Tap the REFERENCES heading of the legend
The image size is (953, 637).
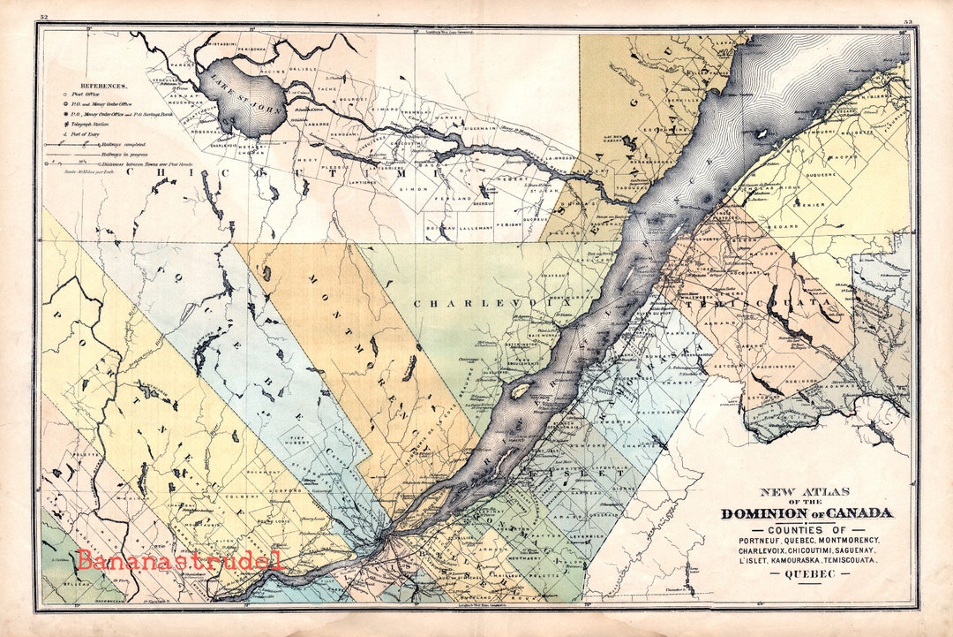tap(102, 86)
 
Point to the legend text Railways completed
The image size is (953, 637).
tap(103, 144)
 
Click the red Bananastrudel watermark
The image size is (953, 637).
tap(179, 559)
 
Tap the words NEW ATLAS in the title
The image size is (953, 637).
tap(806, 492)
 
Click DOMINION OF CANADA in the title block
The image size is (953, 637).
tap(807, 513)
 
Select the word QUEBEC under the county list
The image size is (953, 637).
tap(807, 573)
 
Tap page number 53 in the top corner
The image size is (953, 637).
tap(908, 19)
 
